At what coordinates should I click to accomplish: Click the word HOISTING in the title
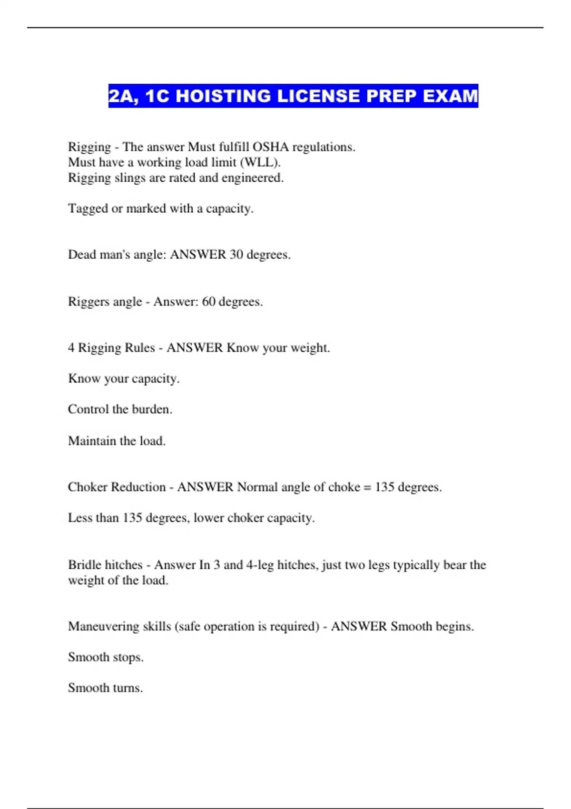(x=223, y=96)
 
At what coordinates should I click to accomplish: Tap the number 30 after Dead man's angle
(x=236, y=255)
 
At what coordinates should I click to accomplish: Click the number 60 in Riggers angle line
(x=209, y=302)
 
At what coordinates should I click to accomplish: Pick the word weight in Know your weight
(x=310, y=348)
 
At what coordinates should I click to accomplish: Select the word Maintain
(x=92, y=441)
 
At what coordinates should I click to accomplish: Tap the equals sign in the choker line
(x=367, y=487)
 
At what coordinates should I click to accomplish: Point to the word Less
(x=78, y=518)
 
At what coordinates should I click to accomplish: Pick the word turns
(x=128, y=688)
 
